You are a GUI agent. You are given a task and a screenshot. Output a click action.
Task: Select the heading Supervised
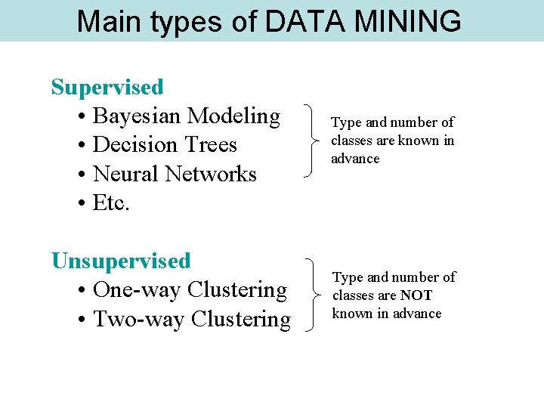coord(107,87)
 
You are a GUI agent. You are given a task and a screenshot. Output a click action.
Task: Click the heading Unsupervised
coord(121,261)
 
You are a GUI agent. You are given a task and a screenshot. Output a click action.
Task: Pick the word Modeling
coord(233,116)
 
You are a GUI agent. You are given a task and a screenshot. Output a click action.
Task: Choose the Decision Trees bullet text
coord(165,145)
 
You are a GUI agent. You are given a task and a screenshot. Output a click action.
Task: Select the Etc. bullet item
coord(111,202)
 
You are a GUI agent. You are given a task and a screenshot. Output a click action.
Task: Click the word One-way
coord(137,290)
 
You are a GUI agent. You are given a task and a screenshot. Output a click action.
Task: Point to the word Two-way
coord(139,319)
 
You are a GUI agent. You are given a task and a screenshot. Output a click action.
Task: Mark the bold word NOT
coord(416,295)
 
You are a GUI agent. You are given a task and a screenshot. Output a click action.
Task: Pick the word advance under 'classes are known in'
coord(355,159)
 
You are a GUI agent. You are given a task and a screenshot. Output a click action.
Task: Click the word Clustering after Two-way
coord(241,319)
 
